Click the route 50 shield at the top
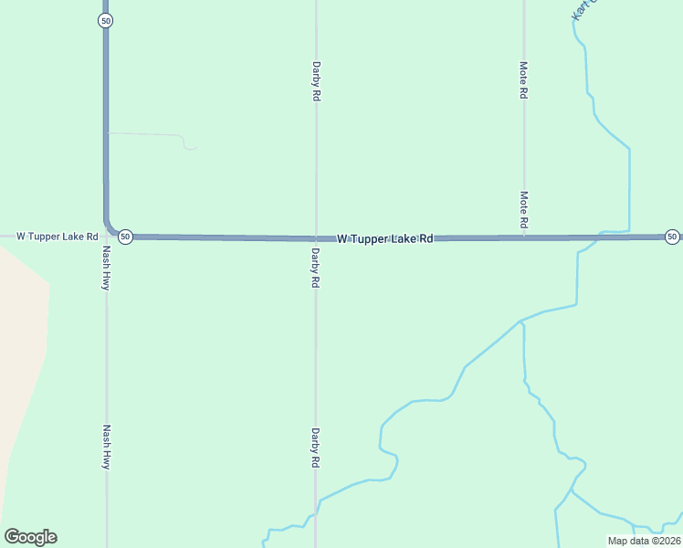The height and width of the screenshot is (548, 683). click(106, 20)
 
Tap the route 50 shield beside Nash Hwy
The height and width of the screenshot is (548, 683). click(126, 237)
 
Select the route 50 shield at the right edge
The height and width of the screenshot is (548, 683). click(672, 237)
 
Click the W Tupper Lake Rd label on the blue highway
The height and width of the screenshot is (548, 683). click(384, 239)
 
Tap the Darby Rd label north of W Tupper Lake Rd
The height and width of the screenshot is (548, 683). click(316, 80)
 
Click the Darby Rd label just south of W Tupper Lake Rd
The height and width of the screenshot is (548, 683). click(315, 269)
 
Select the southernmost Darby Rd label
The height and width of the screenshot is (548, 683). click(315, 448)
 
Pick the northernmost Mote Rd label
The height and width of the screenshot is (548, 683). click(523, 80)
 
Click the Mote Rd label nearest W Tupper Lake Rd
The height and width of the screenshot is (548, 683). click(523, 209)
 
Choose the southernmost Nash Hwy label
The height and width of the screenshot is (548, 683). click(107, 447)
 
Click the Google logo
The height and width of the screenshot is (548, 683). click(30, 537)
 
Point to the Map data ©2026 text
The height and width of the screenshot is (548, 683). click(643, 541)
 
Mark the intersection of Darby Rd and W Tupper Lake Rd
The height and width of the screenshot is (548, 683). click(316, 237)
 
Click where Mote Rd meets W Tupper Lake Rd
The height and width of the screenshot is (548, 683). click(523, 237)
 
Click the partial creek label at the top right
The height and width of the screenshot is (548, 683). click(582, 9)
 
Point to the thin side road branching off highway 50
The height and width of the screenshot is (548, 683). click(151, 135)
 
